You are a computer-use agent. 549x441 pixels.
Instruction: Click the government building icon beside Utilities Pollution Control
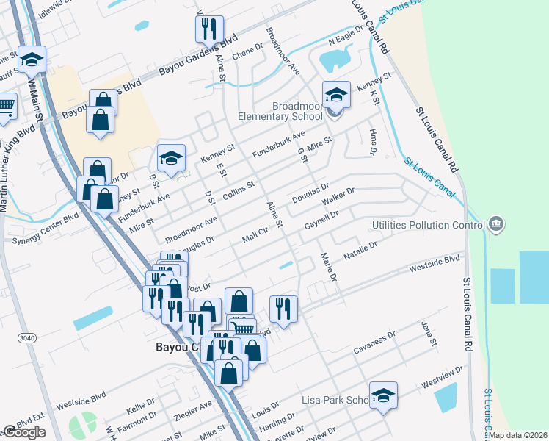(x=496, y=223)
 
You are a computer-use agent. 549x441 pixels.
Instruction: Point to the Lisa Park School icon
(x=383, y=397)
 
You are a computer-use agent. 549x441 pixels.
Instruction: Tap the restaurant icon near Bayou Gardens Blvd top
(x=209, y=29)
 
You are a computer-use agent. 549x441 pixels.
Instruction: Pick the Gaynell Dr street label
(x=321, y=219)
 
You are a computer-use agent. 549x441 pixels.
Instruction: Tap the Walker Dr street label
(x=338, y=196)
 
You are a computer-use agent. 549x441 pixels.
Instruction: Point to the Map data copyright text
(x=518, y=435)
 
